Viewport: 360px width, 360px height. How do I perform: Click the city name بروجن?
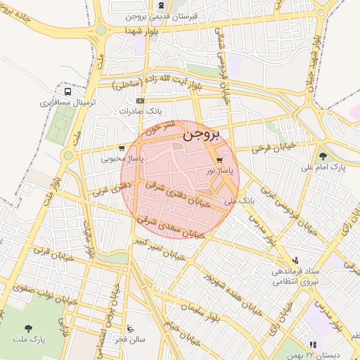point(201,133)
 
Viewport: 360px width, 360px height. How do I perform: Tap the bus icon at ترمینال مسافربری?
point(67,91)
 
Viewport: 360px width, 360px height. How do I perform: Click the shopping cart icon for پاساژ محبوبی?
point(122,148)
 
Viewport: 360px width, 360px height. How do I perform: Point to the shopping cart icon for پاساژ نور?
point(229,160)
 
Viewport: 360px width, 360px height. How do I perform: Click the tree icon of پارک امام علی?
point(323,156)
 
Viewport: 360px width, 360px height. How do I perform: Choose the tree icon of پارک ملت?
point(29,328)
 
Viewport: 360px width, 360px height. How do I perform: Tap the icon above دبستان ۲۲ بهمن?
point(313,345)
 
